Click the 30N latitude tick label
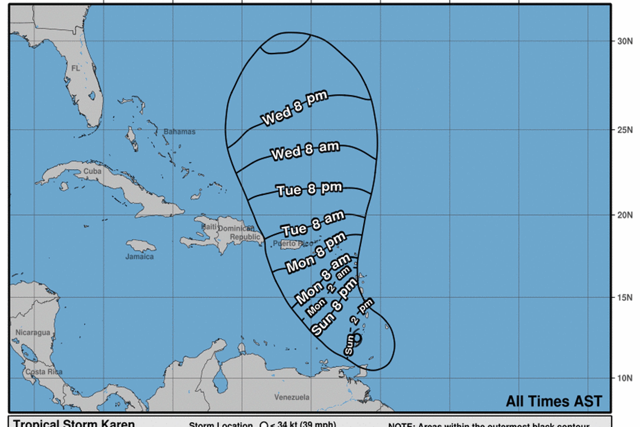coord(625,41)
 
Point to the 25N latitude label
coord(625,130)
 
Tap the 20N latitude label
coord(625,215)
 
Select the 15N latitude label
coord(625,298)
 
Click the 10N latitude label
coord(625,378)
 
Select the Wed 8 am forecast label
coord(305,151)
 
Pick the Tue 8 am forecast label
coord(313,224)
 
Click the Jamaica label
coord(140,257)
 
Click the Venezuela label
coord(292,397)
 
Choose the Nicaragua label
coord(33,332)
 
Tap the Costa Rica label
coord(44,372)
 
